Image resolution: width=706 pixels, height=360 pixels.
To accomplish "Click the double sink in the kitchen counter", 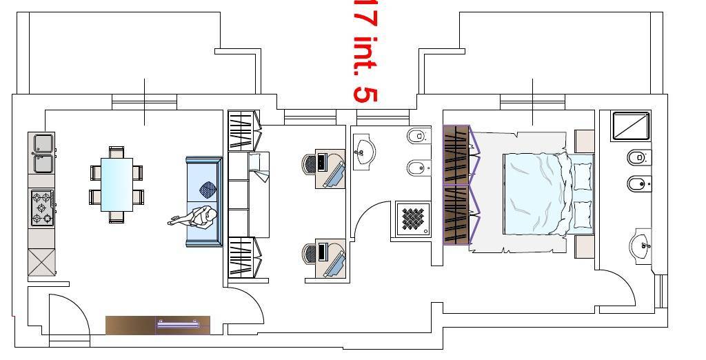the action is (x=43, y=152).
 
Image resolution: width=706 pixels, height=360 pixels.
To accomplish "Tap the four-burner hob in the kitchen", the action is (x=42, y=208).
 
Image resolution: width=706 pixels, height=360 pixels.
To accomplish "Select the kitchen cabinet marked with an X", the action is (x=41, y=261).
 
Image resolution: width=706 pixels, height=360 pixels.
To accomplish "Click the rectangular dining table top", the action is (x=117, y=184).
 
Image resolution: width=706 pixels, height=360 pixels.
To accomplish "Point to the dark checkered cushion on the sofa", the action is (x=208, y=189).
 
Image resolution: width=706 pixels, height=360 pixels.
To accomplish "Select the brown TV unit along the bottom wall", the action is (x=158, y=326).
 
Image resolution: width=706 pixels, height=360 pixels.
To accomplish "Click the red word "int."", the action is (x=366, y=54).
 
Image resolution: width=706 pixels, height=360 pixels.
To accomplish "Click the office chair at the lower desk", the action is (x=310, y=253).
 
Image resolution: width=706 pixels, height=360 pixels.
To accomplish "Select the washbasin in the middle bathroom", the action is (x=364, y=152).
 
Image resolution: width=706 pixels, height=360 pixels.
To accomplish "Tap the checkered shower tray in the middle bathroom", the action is (x=413, y=219).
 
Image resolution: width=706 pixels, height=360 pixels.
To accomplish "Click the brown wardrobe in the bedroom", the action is (x=456, y=186).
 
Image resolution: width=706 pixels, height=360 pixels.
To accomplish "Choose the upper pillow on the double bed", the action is (x=583, y=177).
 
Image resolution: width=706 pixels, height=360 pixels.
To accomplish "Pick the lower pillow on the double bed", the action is (x=583, y=214).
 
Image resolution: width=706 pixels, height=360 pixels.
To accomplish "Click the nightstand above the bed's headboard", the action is (x=585, y=141).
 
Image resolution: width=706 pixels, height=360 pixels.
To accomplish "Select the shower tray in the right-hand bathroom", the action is (x=632, y=126).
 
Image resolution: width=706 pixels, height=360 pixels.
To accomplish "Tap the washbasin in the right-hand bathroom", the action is (x=641, y=246).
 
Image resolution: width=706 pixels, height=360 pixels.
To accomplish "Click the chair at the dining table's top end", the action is (x=117, y=152).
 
